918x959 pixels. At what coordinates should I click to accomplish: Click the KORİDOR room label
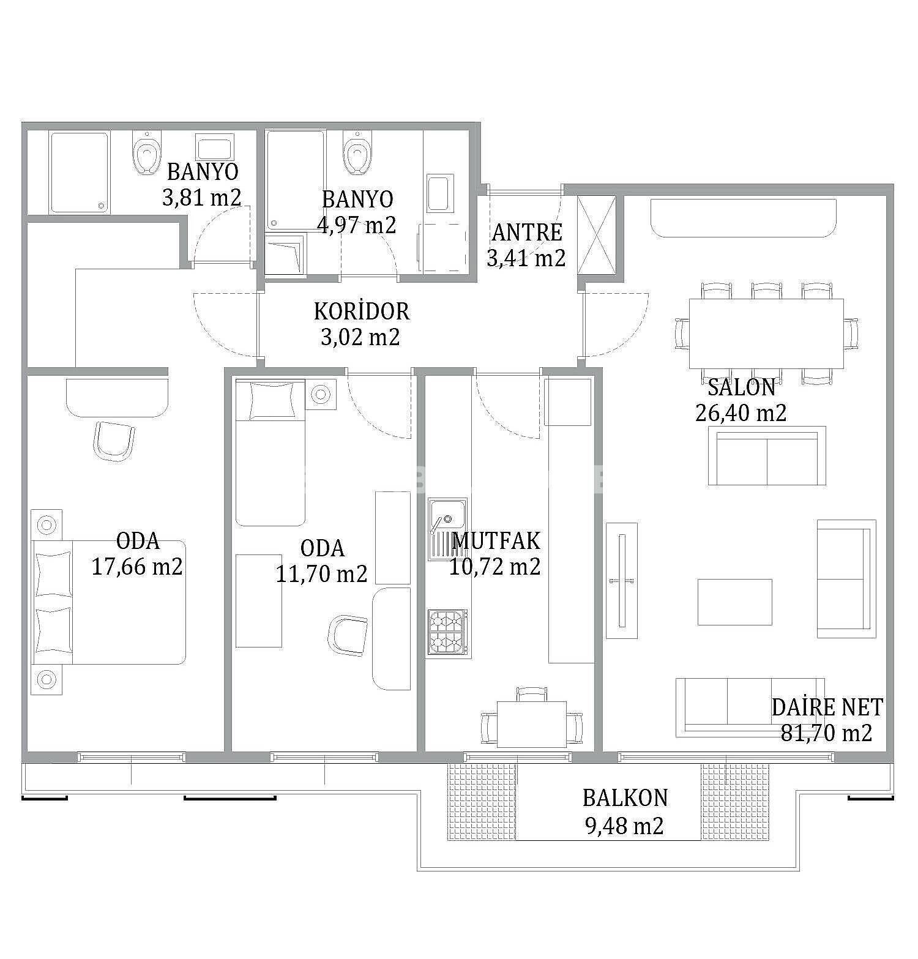(x=361, y=312)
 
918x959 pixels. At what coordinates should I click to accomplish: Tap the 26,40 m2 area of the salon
(x=741, y=413)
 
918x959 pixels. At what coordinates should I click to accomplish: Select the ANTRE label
(x=527, y=233)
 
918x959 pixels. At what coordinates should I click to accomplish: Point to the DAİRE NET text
(x=827, y=707)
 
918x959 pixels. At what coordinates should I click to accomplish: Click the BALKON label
(x=625, y=798)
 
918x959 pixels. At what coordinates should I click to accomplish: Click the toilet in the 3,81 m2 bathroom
(x=146, y=153)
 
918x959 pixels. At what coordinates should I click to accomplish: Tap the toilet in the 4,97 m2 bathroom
(x=357, y=152)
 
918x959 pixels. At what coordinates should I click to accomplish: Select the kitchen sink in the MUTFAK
(x=447, y=529)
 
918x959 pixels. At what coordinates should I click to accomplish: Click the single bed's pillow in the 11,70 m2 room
(x=270, y=400)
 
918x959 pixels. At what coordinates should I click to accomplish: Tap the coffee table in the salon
(x=734, y=602)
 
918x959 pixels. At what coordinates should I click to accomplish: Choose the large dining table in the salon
(x=766, y=334)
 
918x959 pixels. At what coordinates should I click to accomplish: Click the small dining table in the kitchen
(x=532, y=724)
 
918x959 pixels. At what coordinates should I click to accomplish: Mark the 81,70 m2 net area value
(x=826, y=733)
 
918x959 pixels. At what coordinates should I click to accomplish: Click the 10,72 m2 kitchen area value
(x=494, y=567)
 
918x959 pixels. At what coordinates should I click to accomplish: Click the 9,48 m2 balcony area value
(x=624, y=827)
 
